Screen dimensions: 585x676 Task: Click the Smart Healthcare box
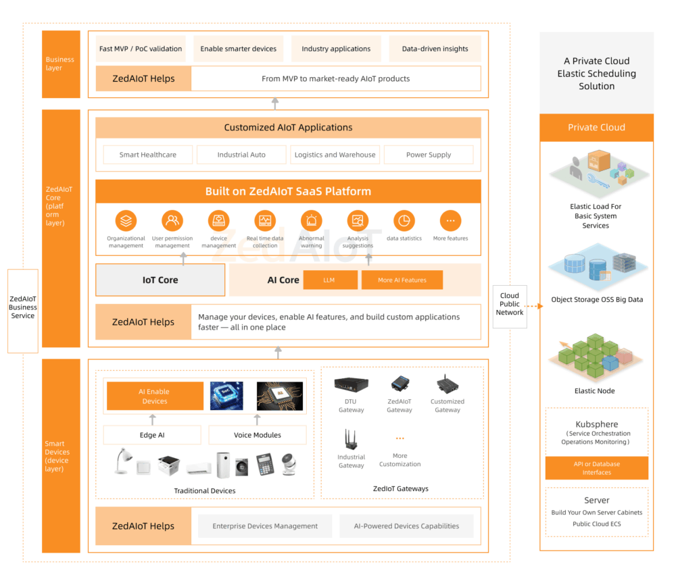[148, 155]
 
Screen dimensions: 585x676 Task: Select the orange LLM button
[330, 280]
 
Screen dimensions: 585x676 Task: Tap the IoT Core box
[160, 280]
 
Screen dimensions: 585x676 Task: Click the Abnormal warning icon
[312, 221]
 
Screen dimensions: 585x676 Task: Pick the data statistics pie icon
[404, 221]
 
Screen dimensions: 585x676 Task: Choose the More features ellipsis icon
[450, 221]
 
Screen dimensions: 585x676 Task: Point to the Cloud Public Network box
[510, 304]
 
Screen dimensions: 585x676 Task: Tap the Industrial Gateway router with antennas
[351, 439]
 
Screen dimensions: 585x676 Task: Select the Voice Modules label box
[258, 435]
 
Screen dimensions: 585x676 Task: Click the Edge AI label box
[152, 435]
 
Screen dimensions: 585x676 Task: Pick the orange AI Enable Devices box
[155, 397]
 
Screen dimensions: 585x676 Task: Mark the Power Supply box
[429, 155]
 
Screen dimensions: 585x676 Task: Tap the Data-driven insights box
[435, 49]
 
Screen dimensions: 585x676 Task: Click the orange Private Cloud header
[596, 127]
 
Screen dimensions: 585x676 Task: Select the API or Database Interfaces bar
[596, 468]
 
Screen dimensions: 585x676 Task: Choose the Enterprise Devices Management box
[265, 526]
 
